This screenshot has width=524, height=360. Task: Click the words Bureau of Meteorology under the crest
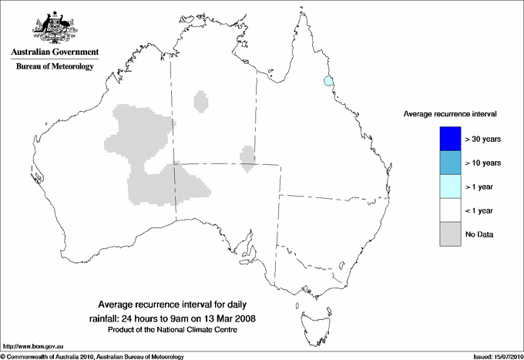pyautogui.click(x=55, y=67)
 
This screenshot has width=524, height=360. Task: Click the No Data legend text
pyautogui.click(x=479, y=234)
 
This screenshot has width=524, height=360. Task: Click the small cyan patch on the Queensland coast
pyautogui.click(x=329, y=80)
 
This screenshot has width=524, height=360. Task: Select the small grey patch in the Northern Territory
pyautogui.click(x=202, y=101)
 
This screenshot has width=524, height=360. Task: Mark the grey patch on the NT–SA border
pyautogui.click(x=248, y=156)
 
